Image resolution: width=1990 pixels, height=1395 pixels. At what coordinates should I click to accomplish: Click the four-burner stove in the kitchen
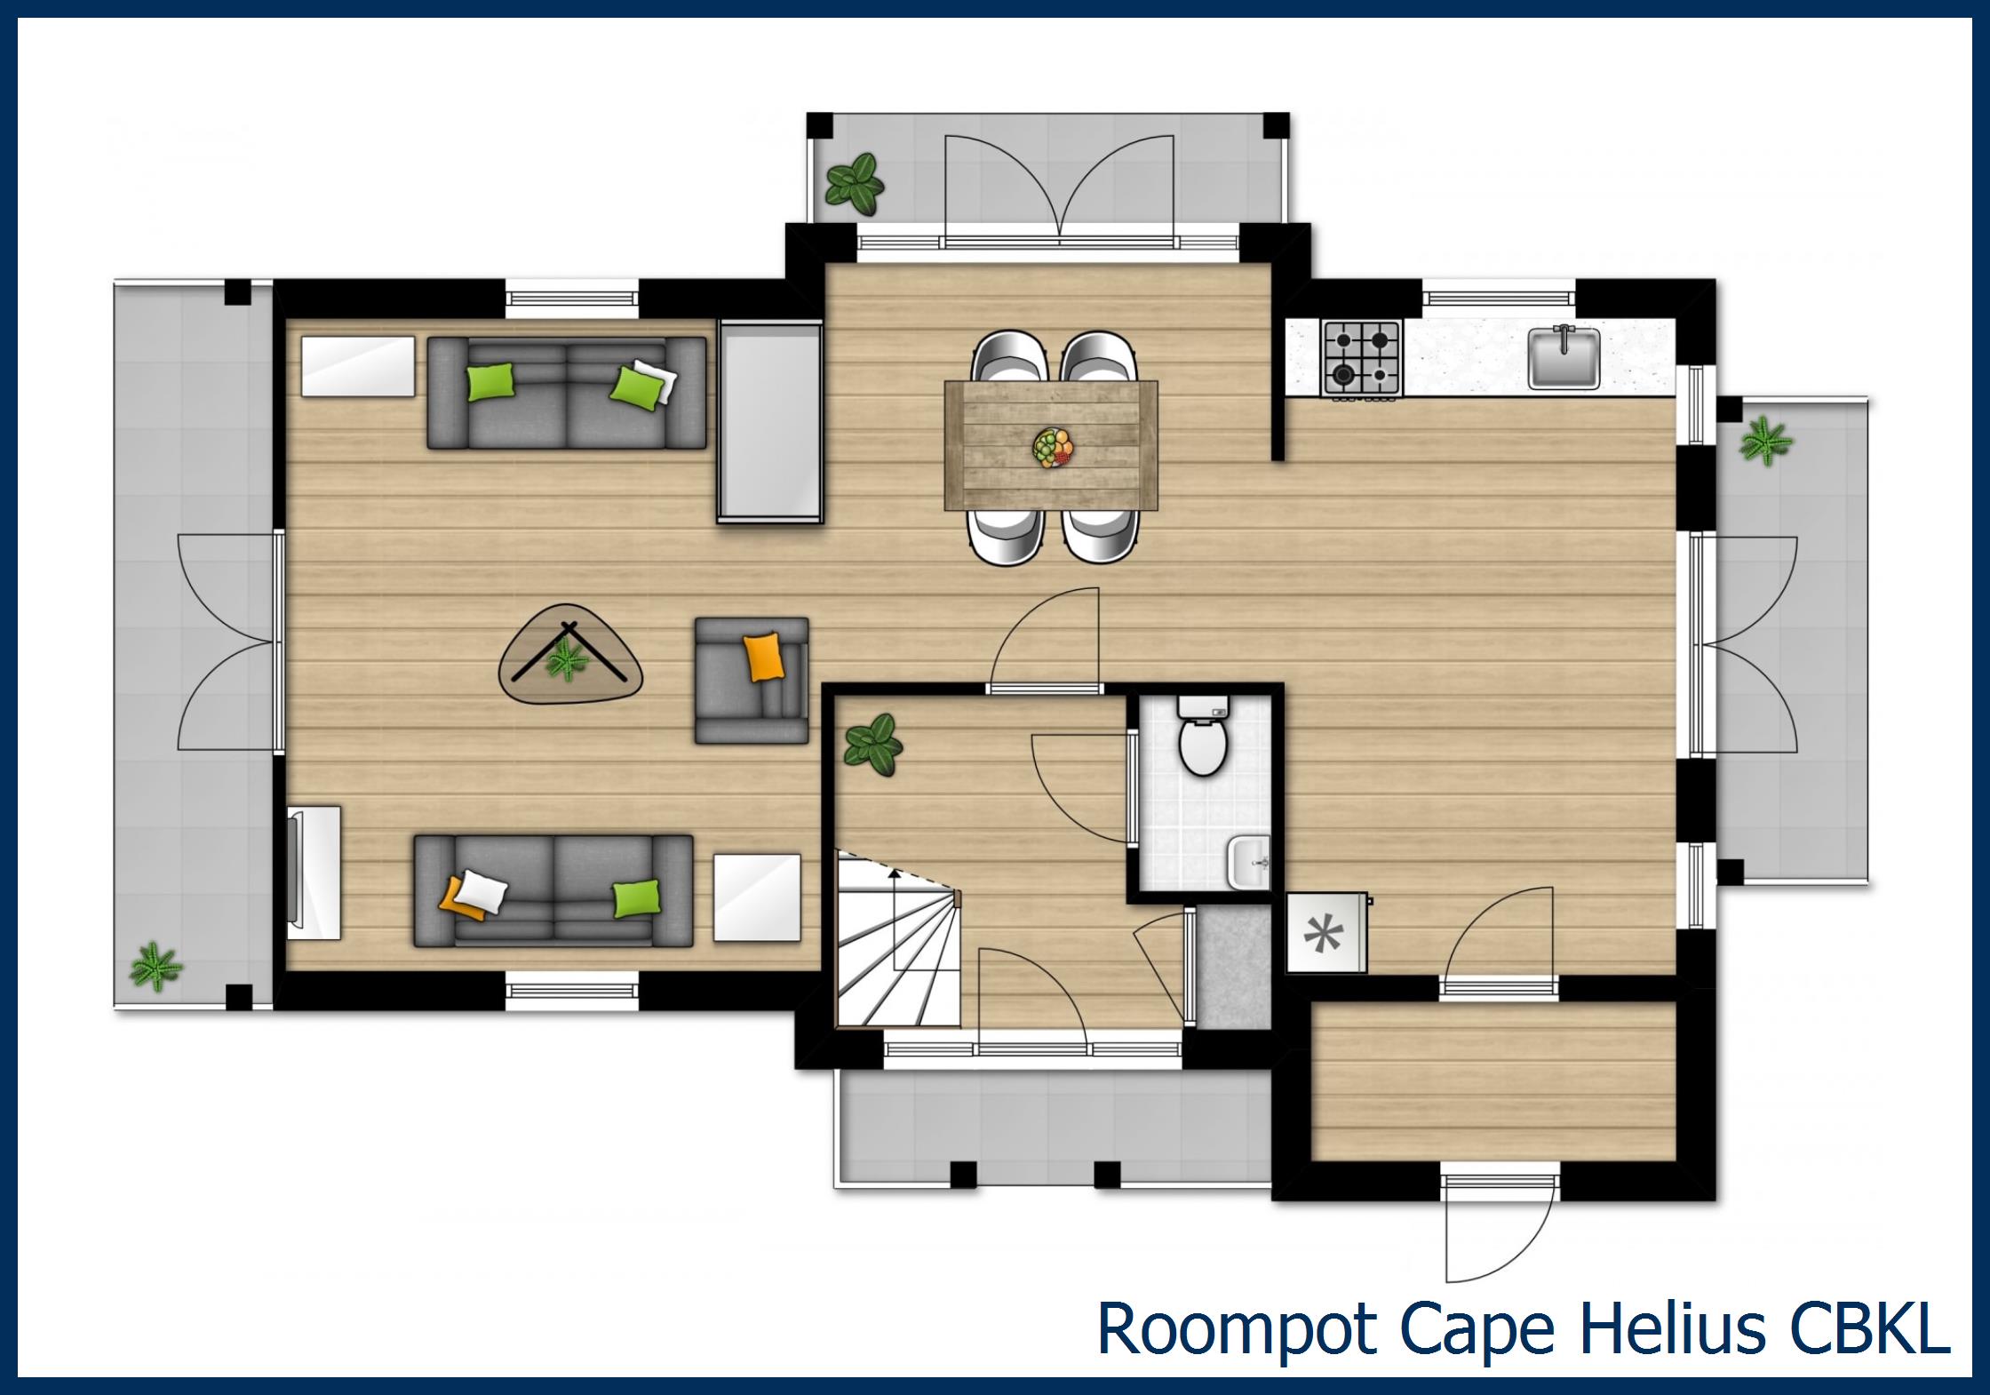[1360, 357]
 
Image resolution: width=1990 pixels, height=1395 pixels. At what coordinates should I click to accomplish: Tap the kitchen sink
[1564, 358]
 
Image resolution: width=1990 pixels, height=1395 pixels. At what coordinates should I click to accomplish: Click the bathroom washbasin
[1249, 862]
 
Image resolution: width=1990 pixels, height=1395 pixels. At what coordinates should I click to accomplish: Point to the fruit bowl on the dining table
[1053, 446]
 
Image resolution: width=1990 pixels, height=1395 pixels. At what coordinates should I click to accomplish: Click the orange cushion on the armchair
[764, 657]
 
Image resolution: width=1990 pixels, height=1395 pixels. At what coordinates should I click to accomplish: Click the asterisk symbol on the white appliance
[1323, 934]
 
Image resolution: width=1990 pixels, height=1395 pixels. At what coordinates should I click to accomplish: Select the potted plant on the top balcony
[855, 184]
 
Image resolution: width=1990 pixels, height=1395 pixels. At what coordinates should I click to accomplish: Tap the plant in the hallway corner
[872, 745]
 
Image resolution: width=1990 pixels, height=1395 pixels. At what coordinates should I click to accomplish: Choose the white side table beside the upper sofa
[357, 365]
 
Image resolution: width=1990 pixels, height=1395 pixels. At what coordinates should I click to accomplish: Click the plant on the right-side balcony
[1766, 442]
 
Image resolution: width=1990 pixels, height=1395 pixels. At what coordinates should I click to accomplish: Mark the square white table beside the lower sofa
[757, 897]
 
